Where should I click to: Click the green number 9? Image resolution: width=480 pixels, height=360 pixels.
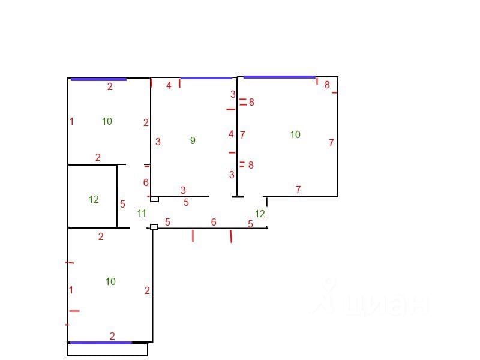tap(193, 140)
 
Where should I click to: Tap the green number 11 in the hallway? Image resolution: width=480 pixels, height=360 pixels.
tap(142, 213)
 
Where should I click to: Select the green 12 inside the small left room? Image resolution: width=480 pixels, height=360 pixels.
tap(94, 199)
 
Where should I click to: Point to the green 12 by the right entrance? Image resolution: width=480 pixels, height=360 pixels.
tap(260, 214)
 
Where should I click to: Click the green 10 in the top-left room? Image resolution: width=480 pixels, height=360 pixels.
tap(107, 121)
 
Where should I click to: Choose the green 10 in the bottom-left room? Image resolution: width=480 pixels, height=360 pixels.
tap(110, 281)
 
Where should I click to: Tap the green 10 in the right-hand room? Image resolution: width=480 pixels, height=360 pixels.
tap(295, 134)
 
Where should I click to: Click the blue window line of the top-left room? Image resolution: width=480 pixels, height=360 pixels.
tap(98, 79)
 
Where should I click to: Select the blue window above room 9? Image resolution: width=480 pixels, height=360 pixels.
tap(206, 78)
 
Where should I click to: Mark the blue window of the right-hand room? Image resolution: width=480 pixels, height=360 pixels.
tap(279, 77)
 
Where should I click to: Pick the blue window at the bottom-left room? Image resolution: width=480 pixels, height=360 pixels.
tap(100, 343)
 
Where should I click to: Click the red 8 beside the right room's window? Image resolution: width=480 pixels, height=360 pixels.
tap(327, 85)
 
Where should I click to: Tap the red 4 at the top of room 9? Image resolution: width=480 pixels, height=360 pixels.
tap(169, 86)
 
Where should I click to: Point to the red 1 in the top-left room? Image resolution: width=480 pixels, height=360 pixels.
tap(71, 121)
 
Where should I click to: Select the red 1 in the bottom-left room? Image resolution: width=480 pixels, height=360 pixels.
tap(71, 290)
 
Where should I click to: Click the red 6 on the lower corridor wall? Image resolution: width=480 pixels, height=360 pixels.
tap(214, 222)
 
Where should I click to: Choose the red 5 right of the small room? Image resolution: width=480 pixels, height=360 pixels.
tap(122, 204)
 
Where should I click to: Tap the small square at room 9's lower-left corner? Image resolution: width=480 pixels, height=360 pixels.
tap(154, 199)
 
